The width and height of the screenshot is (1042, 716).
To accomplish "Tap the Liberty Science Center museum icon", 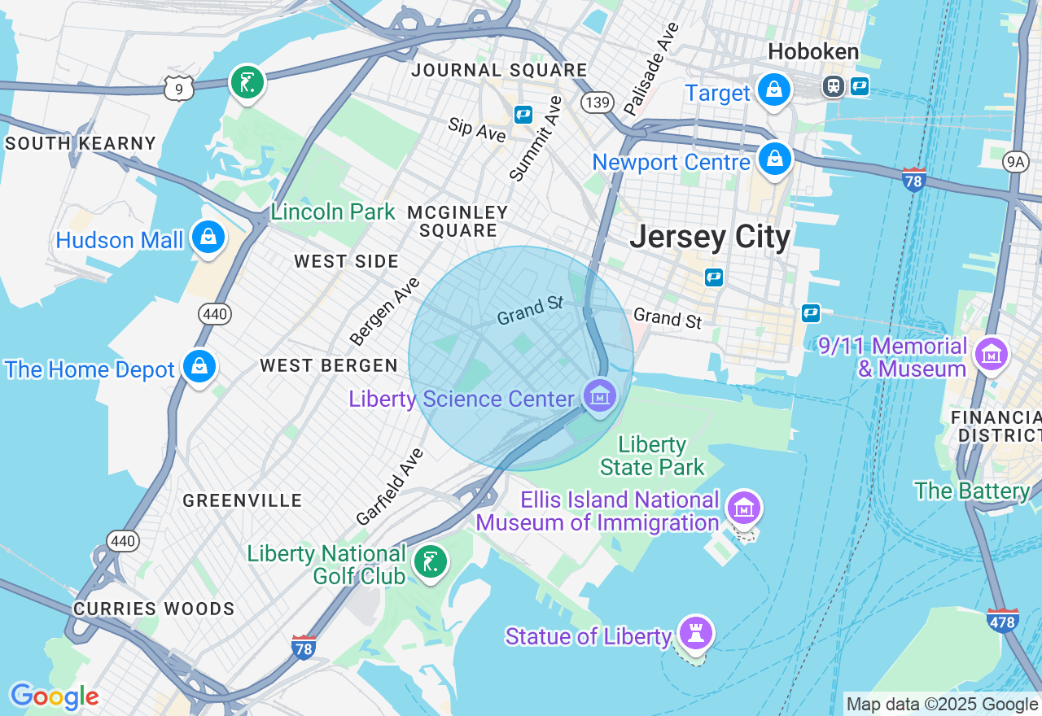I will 600,396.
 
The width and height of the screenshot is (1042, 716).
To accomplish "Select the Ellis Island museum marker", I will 743,508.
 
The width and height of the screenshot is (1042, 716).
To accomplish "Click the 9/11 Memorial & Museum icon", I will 992,354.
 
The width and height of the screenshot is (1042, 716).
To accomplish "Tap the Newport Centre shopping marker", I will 775,159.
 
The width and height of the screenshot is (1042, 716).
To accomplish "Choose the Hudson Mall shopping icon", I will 208,237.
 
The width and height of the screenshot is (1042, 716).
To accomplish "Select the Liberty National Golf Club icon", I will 430,561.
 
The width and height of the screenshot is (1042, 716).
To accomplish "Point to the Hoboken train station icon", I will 833,85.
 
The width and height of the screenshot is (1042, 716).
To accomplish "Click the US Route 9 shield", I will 178,88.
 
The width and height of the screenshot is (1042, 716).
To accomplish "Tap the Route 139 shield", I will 597,102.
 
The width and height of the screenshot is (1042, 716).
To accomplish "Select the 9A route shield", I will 1015,162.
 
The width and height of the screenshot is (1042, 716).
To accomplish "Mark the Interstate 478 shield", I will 1002,620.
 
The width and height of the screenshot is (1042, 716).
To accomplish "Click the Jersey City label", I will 710,237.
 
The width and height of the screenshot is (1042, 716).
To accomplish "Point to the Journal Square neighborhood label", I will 498,70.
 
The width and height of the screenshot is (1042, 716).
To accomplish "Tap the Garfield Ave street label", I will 390,486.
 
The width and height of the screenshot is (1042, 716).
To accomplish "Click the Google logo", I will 55,696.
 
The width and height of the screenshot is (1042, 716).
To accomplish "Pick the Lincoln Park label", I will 333,212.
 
